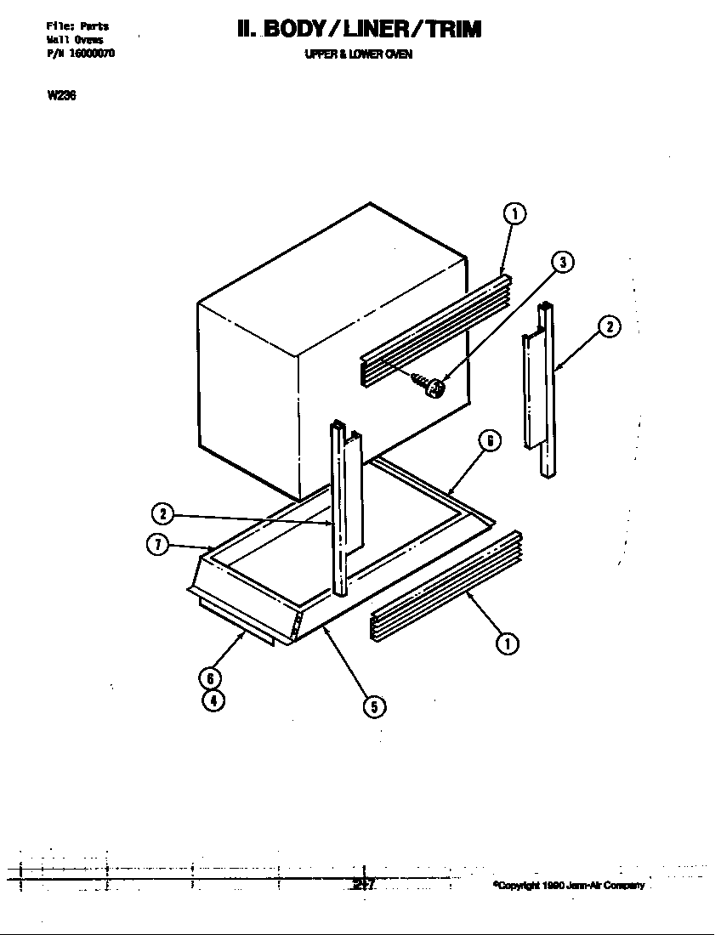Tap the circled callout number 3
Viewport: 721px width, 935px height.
562,262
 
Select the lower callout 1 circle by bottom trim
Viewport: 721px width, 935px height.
508,643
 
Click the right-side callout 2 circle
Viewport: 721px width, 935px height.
609,326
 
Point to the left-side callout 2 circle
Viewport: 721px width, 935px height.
162,513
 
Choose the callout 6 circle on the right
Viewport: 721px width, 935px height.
489,440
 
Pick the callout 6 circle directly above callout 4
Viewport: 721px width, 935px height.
210,678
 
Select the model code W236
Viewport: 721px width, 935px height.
62,95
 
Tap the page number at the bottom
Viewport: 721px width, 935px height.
362,885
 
